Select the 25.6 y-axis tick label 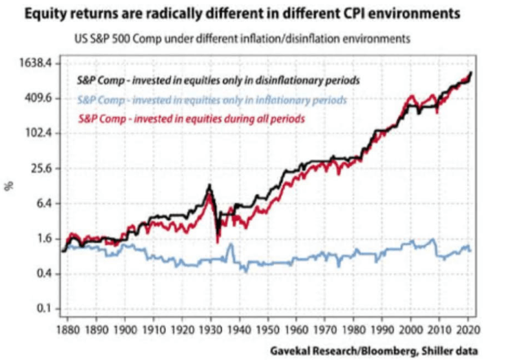(40, 168)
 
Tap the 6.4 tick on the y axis (43, 204)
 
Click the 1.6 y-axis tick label (43, 239)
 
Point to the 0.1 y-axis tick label (43, 309)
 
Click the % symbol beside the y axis (10, 186)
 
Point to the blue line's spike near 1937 (231, 244)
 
